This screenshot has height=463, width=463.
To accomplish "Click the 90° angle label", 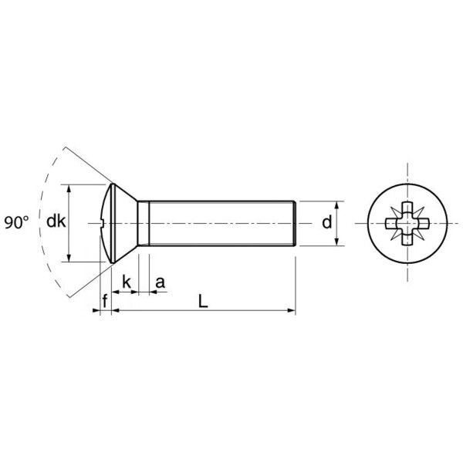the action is tap(17, 222).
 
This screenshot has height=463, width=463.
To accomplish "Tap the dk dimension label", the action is tap(56, 221).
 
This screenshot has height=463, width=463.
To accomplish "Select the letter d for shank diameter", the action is tap(327, 222).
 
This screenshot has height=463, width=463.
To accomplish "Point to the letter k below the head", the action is tap(127, 282).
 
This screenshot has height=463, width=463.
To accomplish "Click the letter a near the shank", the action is tap(160, 282).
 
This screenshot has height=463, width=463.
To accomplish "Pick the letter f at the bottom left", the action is tap(105, 301).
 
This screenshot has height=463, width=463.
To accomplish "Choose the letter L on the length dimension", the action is tap(203, 302).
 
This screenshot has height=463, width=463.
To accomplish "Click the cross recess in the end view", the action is tap(407, 224).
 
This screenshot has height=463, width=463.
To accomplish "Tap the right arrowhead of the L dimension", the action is tap(292, 310).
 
